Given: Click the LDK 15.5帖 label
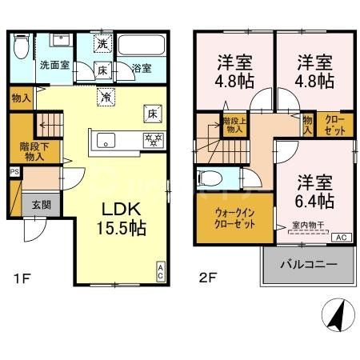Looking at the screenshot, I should click(x=122, y=218).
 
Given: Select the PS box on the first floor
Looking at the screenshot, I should click(x=14, y=171).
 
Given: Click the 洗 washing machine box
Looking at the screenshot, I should click(x=102, y=46).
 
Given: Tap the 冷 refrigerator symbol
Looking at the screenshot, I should click(x=106, y=97).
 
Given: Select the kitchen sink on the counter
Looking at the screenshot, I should click(x=106, y=141).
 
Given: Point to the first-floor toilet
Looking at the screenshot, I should click(x=22, y=50).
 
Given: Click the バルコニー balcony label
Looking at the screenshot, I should click(x=307, y=265).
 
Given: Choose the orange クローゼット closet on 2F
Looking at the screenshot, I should click(x=334, y=123).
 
